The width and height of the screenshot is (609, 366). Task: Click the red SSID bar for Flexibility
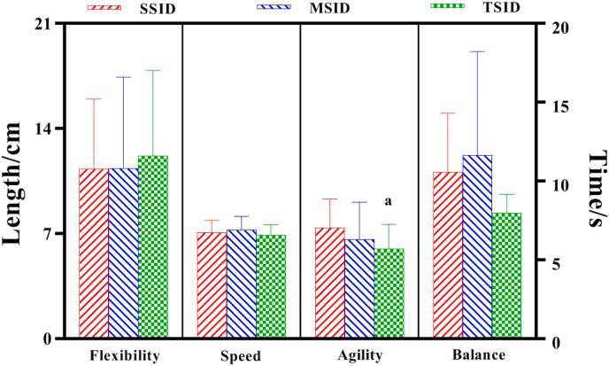click(x=94, y=253)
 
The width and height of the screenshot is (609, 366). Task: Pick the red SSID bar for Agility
click(x=330, y=283)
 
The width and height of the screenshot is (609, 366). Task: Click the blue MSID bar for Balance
click(x=477, y=247)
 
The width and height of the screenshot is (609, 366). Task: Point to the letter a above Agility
click(x=388, y=202)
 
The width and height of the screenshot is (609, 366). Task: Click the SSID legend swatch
click(x=106, y=8)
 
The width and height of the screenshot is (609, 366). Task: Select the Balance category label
click(x=477, y=355)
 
